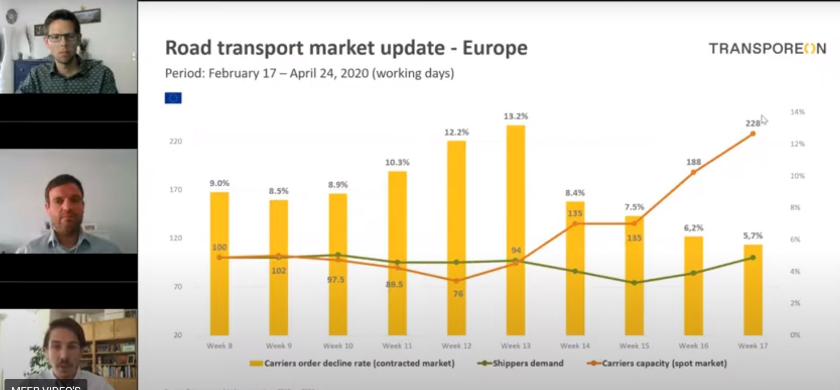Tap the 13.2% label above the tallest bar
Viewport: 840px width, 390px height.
point(515,116)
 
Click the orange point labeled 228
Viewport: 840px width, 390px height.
point(753,134)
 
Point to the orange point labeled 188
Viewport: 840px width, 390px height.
point(693,172)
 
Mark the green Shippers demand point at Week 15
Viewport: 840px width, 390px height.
point(634,283)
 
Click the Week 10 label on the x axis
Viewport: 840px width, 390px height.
point(338,346)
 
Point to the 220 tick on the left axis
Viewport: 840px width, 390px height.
point(176,141)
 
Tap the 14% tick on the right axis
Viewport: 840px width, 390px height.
point(797,112)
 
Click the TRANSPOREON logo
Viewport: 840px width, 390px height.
point(767,48)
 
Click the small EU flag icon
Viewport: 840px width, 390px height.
point(173,98)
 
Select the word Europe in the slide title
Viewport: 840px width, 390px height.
point(495,48)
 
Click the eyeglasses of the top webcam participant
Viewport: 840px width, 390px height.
point(62,37)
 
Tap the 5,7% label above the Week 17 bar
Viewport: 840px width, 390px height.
point(753,236)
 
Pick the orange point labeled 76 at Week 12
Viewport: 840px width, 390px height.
point(456,281)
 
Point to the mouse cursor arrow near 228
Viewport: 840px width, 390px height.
point(764,119)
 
